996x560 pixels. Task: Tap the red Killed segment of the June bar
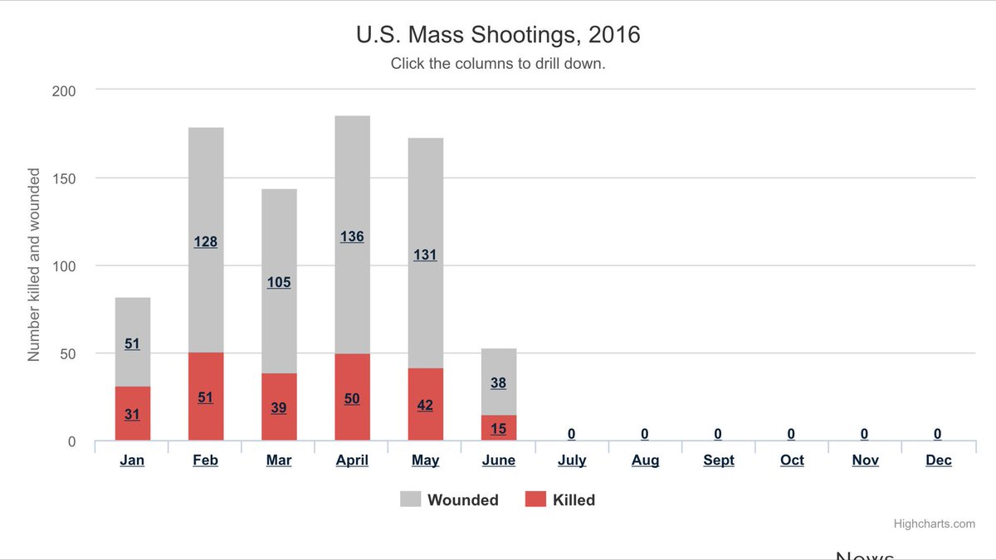(499, 428)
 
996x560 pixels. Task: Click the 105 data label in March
(279, 282)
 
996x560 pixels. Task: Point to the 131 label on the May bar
(425, 255)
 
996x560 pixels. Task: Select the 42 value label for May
(425, 406)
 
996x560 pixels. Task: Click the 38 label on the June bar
(499, 383)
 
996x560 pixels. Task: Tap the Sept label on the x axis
(718, 460)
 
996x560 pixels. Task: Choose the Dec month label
(939, 460)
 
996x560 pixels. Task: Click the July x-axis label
(572, 460)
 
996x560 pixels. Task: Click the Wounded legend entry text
(463, 499)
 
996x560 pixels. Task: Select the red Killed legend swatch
(536, 499)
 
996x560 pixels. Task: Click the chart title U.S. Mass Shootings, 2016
(498, 36)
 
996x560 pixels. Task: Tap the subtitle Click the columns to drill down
(498, 63)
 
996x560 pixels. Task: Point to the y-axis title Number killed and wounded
(34, 265)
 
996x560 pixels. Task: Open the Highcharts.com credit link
(934, 523)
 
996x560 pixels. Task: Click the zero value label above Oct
(791, 434)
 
